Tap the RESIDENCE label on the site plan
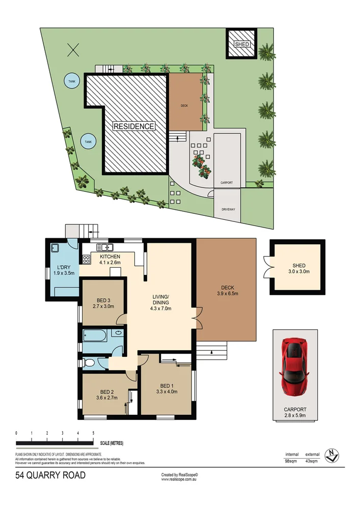133,126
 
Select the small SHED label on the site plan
242,44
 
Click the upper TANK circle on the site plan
72,80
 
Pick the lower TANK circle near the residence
88,142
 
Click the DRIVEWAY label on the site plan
227,209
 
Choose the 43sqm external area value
312,462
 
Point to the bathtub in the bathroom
94,335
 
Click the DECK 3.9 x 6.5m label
227,291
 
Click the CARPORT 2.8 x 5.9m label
295,412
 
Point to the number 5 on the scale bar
93,433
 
